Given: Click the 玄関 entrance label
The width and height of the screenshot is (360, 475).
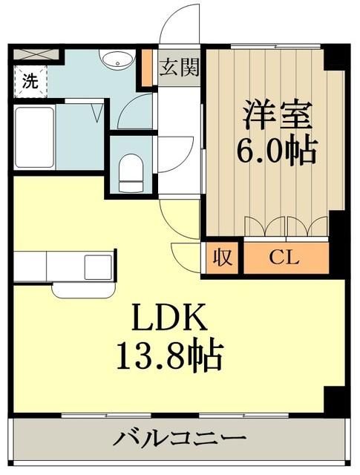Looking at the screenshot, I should coord(179,68).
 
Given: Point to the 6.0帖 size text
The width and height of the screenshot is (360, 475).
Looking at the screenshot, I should coord(276,151).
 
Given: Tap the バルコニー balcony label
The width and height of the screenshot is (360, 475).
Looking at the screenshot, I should coord(178,438).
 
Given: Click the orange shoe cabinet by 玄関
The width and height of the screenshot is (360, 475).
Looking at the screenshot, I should coord(147,67).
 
